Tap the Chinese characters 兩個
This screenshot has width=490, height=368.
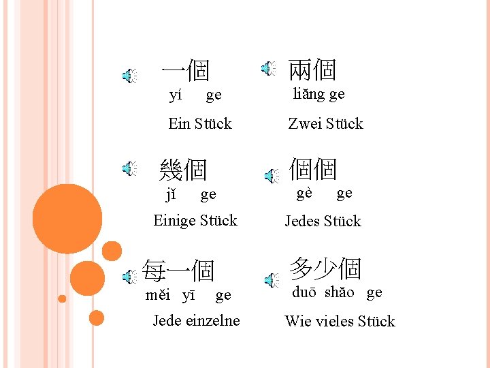312,70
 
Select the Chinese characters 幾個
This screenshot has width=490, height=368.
182,170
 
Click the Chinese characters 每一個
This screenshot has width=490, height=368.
179,271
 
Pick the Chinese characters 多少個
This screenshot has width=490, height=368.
325,269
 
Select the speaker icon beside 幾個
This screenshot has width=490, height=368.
129,169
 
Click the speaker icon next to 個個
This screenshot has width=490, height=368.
272,177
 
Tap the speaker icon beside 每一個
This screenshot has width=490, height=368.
129,276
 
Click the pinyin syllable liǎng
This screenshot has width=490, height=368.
308,94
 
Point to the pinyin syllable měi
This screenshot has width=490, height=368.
159,295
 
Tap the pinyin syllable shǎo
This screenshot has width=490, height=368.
339,292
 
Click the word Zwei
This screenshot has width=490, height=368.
304,124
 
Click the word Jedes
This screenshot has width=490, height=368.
302,221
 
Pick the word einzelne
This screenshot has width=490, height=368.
212,320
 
